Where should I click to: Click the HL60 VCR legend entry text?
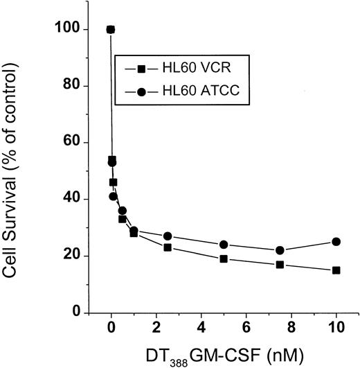pos(177,69)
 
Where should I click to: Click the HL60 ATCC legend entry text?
pos(181,92)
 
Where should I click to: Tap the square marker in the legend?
pos(141,69)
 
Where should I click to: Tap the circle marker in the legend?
pos(141,92)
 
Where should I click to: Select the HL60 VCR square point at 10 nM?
pos(336,270)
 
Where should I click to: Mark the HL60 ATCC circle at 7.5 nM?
pos(280,250)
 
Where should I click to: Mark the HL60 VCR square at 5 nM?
pos(224,259)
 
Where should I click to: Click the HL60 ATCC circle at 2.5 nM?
pos(168,236)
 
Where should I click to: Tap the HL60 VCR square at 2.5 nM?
pos(168,247)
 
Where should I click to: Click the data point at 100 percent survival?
pos(111,30)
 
